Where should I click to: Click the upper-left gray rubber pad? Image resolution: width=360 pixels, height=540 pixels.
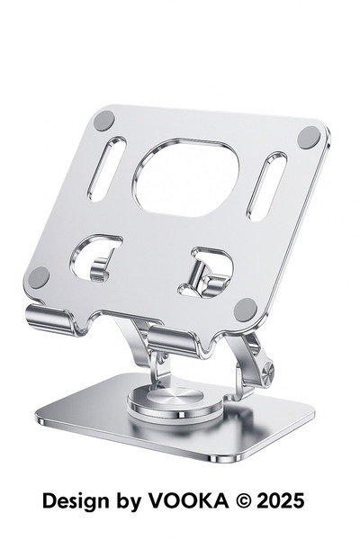(104, 121)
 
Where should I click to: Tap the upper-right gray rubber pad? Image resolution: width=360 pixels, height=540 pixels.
(309, 137)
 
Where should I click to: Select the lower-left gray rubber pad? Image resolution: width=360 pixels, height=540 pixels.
(39, 277)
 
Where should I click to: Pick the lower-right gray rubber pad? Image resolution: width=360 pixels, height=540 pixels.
(246, 310)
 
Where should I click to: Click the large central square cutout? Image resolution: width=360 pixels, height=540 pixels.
(187, 177)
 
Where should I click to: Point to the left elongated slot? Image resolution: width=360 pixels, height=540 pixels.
(107, 169)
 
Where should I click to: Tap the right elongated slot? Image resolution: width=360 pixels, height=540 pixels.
(266, 186)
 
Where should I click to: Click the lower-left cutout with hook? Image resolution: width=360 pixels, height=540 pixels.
(94, 257)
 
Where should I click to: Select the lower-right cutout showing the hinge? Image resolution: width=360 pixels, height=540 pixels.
(206, 272)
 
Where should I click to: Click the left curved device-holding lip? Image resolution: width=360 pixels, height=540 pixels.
(51, 319)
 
